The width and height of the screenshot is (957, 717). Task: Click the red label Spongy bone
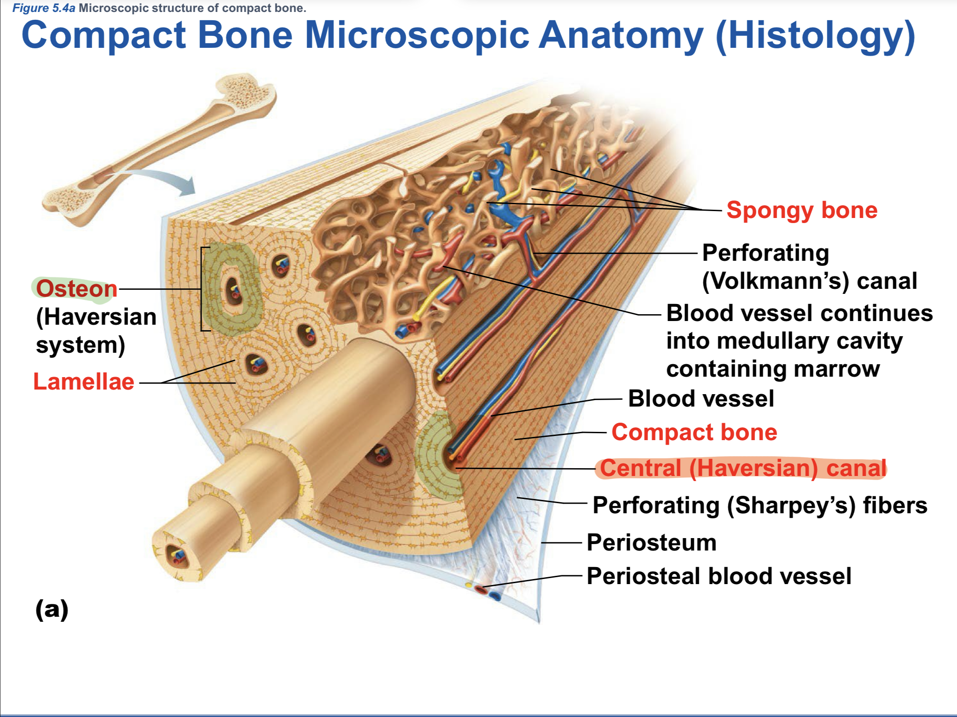pyautogui.click(x=801, y=210)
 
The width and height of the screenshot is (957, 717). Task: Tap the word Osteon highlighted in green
pyautogui.click(x=76, y=289)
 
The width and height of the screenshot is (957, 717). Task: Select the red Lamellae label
pyautogui.click(x=84, y=382)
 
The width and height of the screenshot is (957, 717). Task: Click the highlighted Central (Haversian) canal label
pyautogui.click(x=742, y=468)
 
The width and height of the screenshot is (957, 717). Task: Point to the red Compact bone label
pyautogui.click(x=694, y=432)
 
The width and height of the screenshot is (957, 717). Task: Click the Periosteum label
pyautogui.click(x=651, y=543)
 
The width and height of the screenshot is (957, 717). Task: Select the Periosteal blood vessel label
pyautogui.click(x=719, y=576)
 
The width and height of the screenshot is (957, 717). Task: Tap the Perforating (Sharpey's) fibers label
pyautogui.click(x=760, y=505)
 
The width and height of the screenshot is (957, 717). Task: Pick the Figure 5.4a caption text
pyautogui.click(x=159, y=8)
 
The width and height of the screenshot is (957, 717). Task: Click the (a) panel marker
pyautogui.click(x=52, y=609)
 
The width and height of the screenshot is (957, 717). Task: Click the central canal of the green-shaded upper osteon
pyautogui.click(x=234, y=292)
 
